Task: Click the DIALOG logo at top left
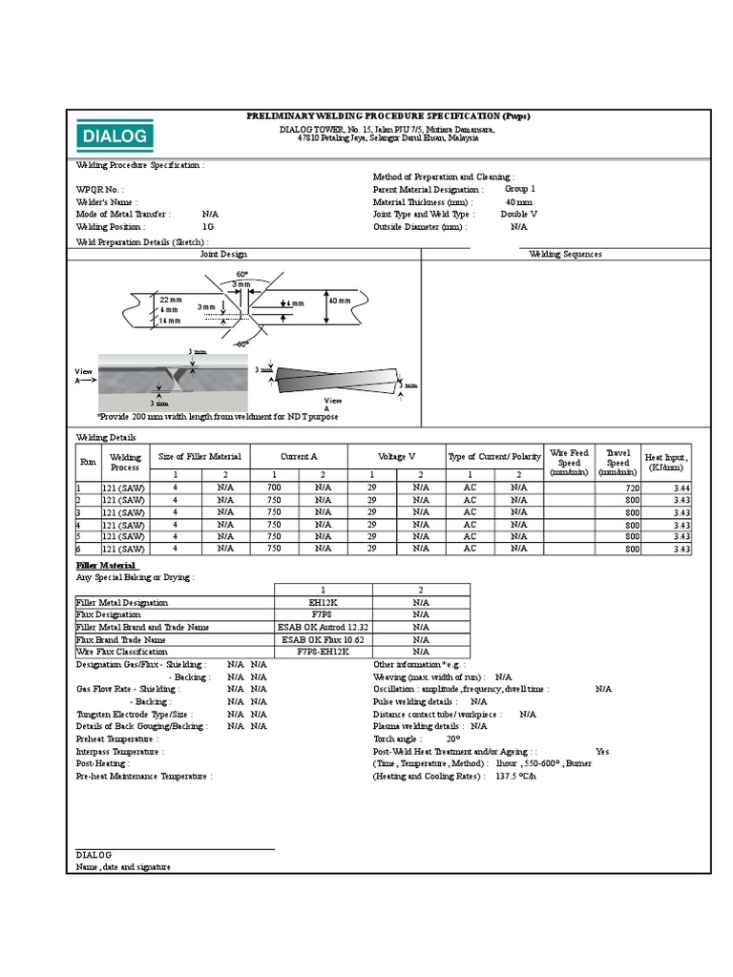click(x=114, y=135)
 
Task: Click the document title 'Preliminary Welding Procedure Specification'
click(x=387, y=115)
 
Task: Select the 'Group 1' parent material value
click(x=520, y=189)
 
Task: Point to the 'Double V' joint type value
click(x=520, y=215)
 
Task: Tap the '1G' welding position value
click(x=208, y=227)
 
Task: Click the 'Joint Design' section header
click(x=223, y=254)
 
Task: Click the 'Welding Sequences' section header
click(x=565, y=254)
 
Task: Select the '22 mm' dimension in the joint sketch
click(x=171, y=300)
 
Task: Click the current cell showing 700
click(x=274, y=487)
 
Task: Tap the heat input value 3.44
click(x=681, y=488)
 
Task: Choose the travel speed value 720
click(x=632, y=488)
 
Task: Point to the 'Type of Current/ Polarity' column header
click(x=494, y=456)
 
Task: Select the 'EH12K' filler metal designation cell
click(x=323, y=602)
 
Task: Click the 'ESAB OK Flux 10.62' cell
click(x=323, y=639)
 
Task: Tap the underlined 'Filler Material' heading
click(x=106, y=565)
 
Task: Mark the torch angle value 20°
click(x=452, y=738)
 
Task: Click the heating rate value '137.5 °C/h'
click(x=515, y=776)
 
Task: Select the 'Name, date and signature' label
click(x=123, y=866)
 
